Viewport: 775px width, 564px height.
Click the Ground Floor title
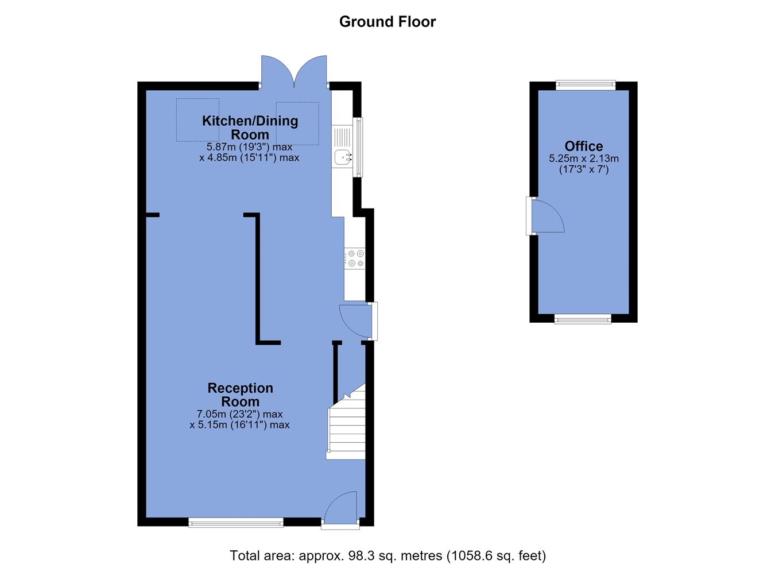pyautogui.click(x=387, y=22)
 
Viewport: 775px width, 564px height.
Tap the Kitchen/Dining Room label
pyautogui.click(x=250, y=128)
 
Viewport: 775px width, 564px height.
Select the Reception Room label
pyautogui.click(x=240, y=395)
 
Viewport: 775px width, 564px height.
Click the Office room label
pyautogui.click(x=584, y=146)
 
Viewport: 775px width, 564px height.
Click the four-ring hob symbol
pyautogui.click(x=355, y=258)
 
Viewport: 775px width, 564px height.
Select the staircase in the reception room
pyautogui.click(x=346, y=422)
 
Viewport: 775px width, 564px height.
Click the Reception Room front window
pyautogui.click(x=236, y=523)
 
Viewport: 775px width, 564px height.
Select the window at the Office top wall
pyautogui.click(x=586, y=86)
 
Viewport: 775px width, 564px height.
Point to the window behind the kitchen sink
pyautogui.click(x=358, y=148)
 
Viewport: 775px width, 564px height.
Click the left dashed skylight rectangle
pyautogui.click(x=197, y=120)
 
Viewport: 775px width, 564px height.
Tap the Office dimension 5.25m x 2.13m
pyautogui.click(x=584, y=159)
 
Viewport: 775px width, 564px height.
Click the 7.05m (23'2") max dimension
pyautogui.click(x=240, y=414)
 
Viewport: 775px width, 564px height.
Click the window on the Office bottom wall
pyautogui.click(x=583, y=319)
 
